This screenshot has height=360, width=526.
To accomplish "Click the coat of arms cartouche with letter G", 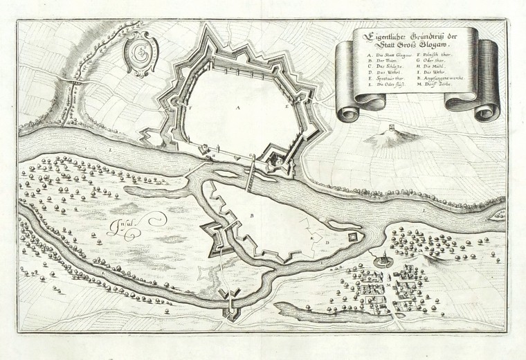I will click(140, 53).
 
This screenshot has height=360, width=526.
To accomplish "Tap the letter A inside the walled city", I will click(237, 108).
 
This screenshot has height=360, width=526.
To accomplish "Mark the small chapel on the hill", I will click(391, 129).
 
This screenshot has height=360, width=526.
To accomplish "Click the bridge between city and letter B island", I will click(251, 177).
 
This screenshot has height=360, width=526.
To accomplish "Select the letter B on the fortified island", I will click(251, 217).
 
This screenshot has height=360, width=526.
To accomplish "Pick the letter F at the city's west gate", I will click(188, 109).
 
